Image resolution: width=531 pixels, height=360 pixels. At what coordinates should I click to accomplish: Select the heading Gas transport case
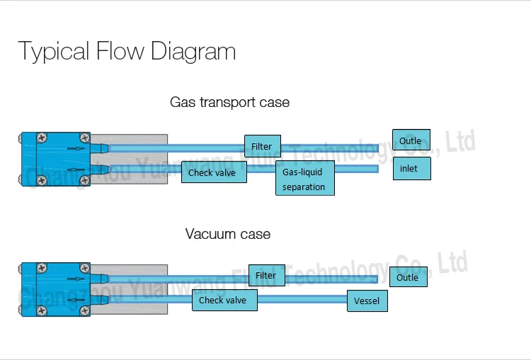[x=229, y=102]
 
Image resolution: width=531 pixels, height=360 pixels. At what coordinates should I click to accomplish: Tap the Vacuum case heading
[x=227, y=233]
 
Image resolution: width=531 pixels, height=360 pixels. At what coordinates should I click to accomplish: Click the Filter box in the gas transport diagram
[x=263, y=147]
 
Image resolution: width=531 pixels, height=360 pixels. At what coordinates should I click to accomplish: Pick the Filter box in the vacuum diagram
[x=266, y=276]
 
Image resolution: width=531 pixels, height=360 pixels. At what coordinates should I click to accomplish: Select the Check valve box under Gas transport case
[x=214, y=172]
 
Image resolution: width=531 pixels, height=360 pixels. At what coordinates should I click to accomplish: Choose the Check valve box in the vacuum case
[x=224, y=300]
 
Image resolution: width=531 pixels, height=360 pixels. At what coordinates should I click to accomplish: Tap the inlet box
[x=411, y=169]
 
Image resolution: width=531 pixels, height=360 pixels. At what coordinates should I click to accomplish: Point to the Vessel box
[x=367, y=301]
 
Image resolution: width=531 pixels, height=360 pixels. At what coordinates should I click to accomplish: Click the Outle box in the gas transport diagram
[x=411, y=141]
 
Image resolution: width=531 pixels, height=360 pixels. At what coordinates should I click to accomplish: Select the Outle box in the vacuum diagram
[x=409, y=277]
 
